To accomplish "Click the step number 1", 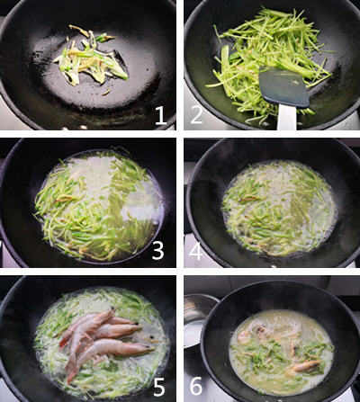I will [x=159, y=114].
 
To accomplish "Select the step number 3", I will [x=157, y=249].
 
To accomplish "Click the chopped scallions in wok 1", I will [x=90, y=58].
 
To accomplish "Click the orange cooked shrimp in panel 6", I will [x=301, y=365].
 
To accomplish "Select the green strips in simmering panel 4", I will [x=274, y=207].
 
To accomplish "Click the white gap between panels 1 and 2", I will [x=180, y=63].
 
